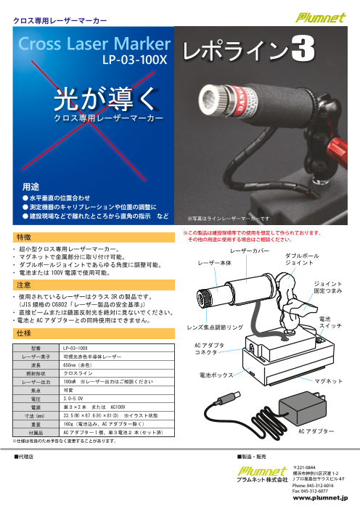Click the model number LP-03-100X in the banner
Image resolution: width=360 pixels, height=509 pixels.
click(x=134, y=62)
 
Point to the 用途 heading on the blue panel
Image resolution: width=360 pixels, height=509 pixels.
click(x=31, y=187)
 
